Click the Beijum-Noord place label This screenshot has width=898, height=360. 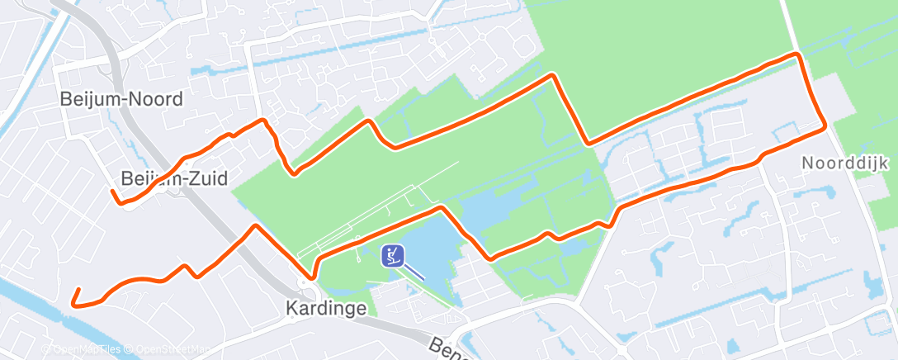click(121, 99)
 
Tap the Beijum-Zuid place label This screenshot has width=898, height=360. click(173, 178)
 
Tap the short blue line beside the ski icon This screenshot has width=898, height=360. click(416, 271)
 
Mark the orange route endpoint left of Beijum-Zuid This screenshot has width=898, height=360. click(113, 192)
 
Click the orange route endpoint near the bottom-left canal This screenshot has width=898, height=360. click(77, 290)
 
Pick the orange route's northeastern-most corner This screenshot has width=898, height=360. click(797, 54)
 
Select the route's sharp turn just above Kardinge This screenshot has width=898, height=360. click(314, 277)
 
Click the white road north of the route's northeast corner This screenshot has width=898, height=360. click(788, 25)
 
